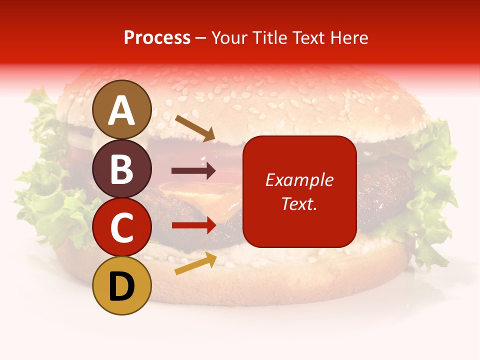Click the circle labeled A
tap(121, 109)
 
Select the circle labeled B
tap(121, 168)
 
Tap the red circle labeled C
tap(121, 227)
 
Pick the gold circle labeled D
tap(121, 285)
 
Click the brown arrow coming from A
tap(194, 127)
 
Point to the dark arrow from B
tap(193, 170)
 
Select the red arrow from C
tap(193, 225)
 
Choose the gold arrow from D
tap(195, 263)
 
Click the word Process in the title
tap(157, 37)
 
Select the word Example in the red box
tap(299, 180)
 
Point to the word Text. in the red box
tap(299, 203)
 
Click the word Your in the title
tap(229, 37)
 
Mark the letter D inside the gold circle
tap(121, 286)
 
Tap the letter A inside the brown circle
tap(121, 110)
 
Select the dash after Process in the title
tap(201, 38)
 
